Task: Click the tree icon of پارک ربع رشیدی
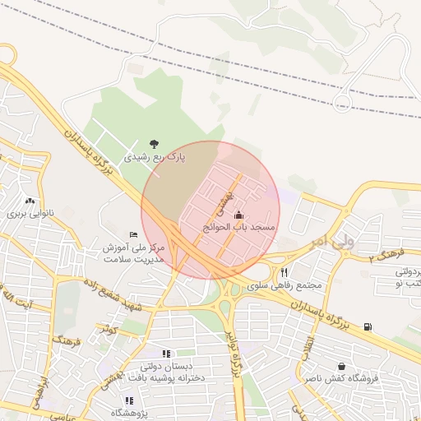[153, 143]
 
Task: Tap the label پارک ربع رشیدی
[155, 155]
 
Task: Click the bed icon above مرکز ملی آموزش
[134, 235]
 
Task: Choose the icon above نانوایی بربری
[30, 201]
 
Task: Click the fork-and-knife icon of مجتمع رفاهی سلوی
[285, 272]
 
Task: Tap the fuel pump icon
[367, 326]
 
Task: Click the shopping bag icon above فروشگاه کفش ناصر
[341, 366]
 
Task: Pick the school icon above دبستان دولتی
[167, 354]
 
